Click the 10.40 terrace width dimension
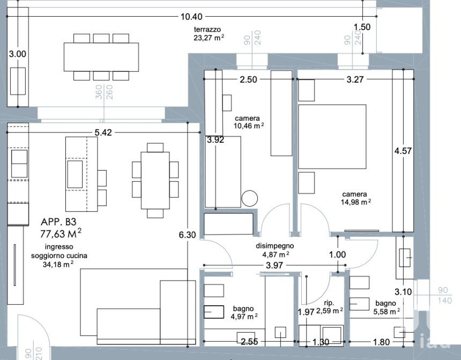point(191,17)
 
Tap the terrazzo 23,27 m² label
point(209,34)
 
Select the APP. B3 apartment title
point(58,222)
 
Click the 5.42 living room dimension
point(103,133)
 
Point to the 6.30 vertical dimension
point(187,234)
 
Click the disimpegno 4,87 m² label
point(274,250)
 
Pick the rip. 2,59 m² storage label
point(329,307)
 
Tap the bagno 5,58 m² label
point(386,307)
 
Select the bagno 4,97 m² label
point(244,313)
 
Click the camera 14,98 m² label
point(355,198)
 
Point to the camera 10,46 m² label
point(248,122)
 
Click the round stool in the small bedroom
point(250,198)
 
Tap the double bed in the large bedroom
point(332,137)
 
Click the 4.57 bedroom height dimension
point(403,151)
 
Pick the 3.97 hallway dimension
point(274,265)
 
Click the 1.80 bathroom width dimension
point(381,342)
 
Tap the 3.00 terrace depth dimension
point(18,54)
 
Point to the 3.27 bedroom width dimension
point(355,79)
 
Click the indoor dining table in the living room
point(155,180)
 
